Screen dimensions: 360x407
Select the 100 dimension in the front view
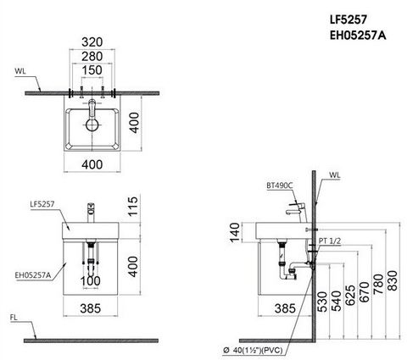pyautogui.click(x=89, y=280)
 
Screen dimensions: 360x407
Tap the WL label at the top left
pyautogui.click(x=19, y=73)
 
